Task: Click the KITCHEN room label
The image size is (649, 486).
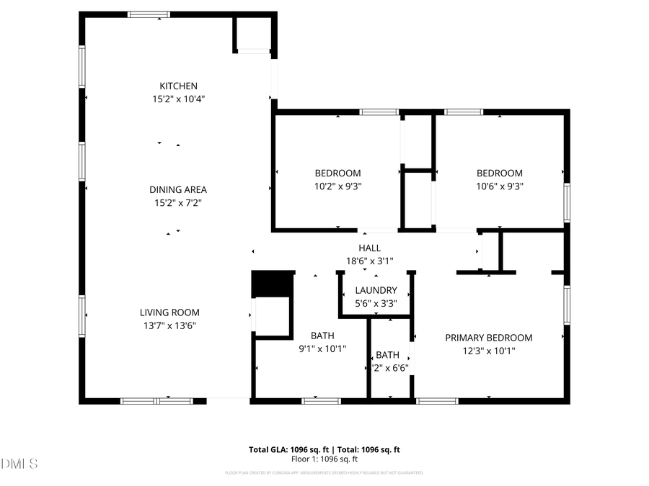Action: [178, 86]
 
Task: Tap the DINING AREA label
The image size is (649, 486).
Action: [178, 189]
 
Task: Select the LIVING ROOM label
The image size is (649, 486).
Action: [169, 312]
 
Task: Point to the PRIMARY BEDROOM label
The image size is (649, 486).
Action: [488, 338]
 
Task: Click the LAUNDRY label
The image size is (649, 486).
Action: [375, 290]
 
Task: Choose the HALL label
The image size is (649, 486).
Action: [369, 248]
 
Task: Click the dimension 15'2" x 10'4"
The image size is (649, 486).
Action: [178, 99]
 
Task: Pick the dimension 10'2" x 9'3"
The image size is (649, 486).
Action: [337, 186]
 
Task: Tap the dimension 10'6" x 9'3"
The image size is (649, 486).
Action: [499, 186]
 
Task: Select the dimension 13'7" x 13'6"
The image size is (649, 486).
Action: [169, 325]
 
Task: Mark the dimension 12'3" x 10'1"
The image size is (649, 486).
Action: [488, 351]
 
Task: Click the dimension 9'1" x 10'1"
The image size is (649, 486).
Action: [322, 348]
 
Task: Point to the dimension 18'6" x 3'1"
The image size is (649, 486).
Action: [369, 261]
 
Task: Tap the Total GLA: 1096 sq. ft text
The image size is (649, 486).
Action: [284, 449]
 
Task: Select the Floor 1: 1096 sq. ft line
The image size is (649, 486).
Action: [324, 459]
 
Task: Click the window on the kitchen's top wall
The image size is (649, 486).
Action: [149, 14]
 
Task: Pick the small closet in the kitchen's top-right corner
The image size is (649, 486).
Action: [254, 33]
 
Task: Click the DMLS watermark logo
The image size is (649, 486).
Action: [19, 463]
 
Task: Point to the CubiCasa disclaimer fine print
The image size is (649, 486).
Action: [324, 473]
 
